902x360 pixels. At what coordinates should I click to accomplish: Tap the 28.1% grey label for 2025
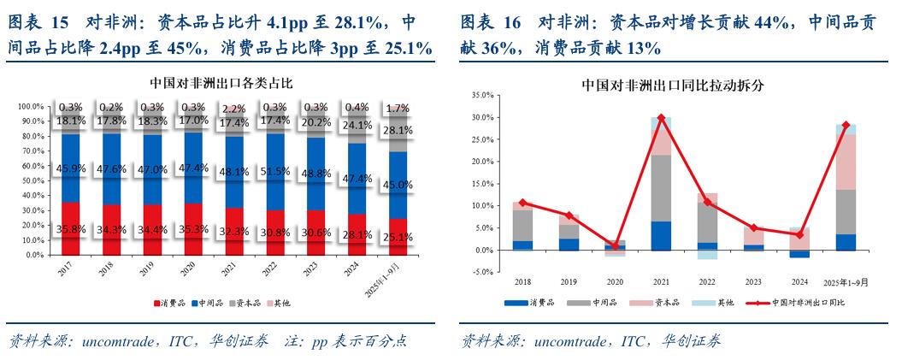[396, 131]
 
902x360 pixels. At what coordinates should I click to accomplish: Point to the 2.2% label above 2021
[234, 109]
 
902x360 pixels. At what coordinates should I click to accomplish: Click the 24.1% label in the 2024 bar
[356, 125]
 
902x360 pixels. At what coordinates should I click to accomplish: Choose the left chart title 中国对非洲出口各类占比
[220, 83]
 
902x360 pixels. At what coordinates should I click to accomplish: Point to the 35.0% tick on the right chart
[482, 96]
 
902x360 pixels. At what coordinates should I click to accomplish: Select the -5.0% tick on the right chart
[482, 272]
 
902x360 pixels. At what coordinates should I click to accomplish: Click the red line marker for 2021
[661, 118]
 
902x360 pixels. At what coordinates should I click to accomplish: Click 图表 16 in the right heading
[491, 22]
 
